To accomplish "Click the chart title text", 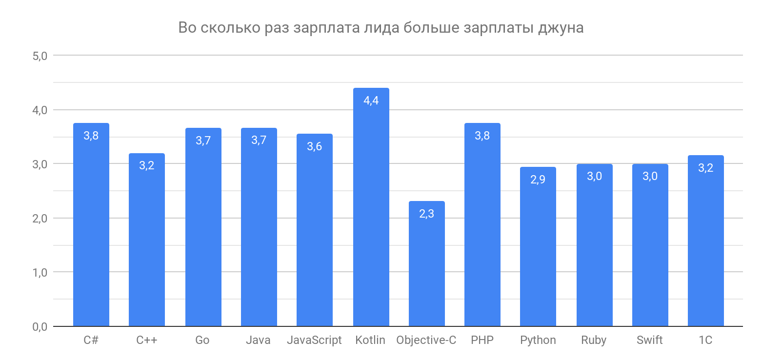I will point(381,28).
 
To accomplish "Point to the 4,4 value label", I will point(371,101).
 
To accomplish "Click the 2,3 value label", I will point(426,214).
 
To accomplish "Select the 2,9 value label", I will point(538,180).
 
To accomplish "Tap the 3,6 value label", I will point(315,146).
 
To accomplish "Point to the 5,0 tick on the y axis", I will point(40,56).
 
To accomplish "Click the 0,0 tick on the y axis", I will point(40,327).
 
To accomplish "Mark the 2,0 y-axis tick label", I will point(40,219).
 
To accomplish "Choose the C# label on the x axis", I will point(91,340).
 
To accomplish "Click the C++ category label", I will point(146,340).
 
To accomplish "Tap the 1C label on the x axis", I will point(705,340).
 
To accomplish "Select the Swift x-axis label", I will point(650,340).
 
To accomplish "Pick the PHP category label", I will point(482,340).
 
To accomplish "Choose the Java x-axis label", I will point(259,340).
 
